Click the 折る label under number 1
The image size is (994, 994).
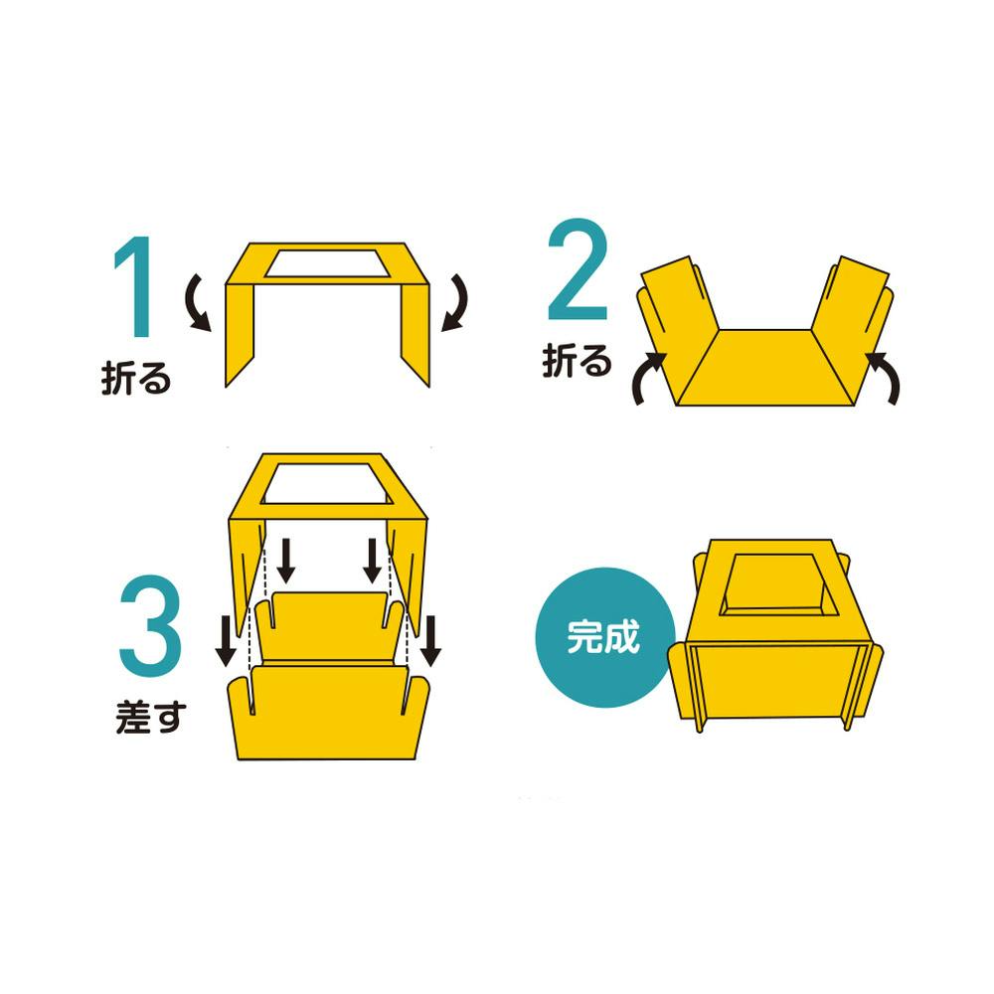click(136, 379)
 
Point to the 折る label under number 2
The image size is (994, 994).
click(577, 361)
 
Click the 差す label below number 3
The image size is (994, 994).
click(151, 717)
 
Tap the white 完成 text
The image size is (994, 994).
click(603, 637)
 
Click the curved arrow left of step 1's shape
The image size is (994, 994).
click(197, 303)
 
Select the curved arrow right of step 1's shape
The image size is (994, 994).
click(455, 302)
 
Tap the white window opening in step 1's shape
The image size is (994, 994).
click(327, 263)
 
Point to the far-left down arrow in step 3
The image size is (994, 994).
click(227, 641)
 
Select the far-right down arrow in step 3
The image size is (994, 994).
click(430, 641)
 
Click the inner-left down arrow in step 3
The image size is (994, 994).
click(286, 561)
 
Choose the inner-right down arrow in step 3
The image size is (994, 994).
click(373, 561)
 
